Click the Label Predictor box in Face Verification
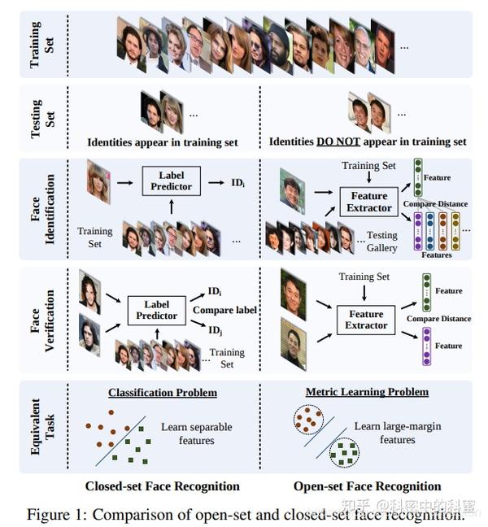[156, 310]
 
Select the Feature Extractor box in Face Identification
[368, 203]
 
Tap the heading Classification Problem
[163, 393]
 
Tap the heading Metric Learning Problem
[367, 392]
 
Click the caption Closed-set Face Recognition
[163, 486]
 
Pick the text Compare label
[224, 310]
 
